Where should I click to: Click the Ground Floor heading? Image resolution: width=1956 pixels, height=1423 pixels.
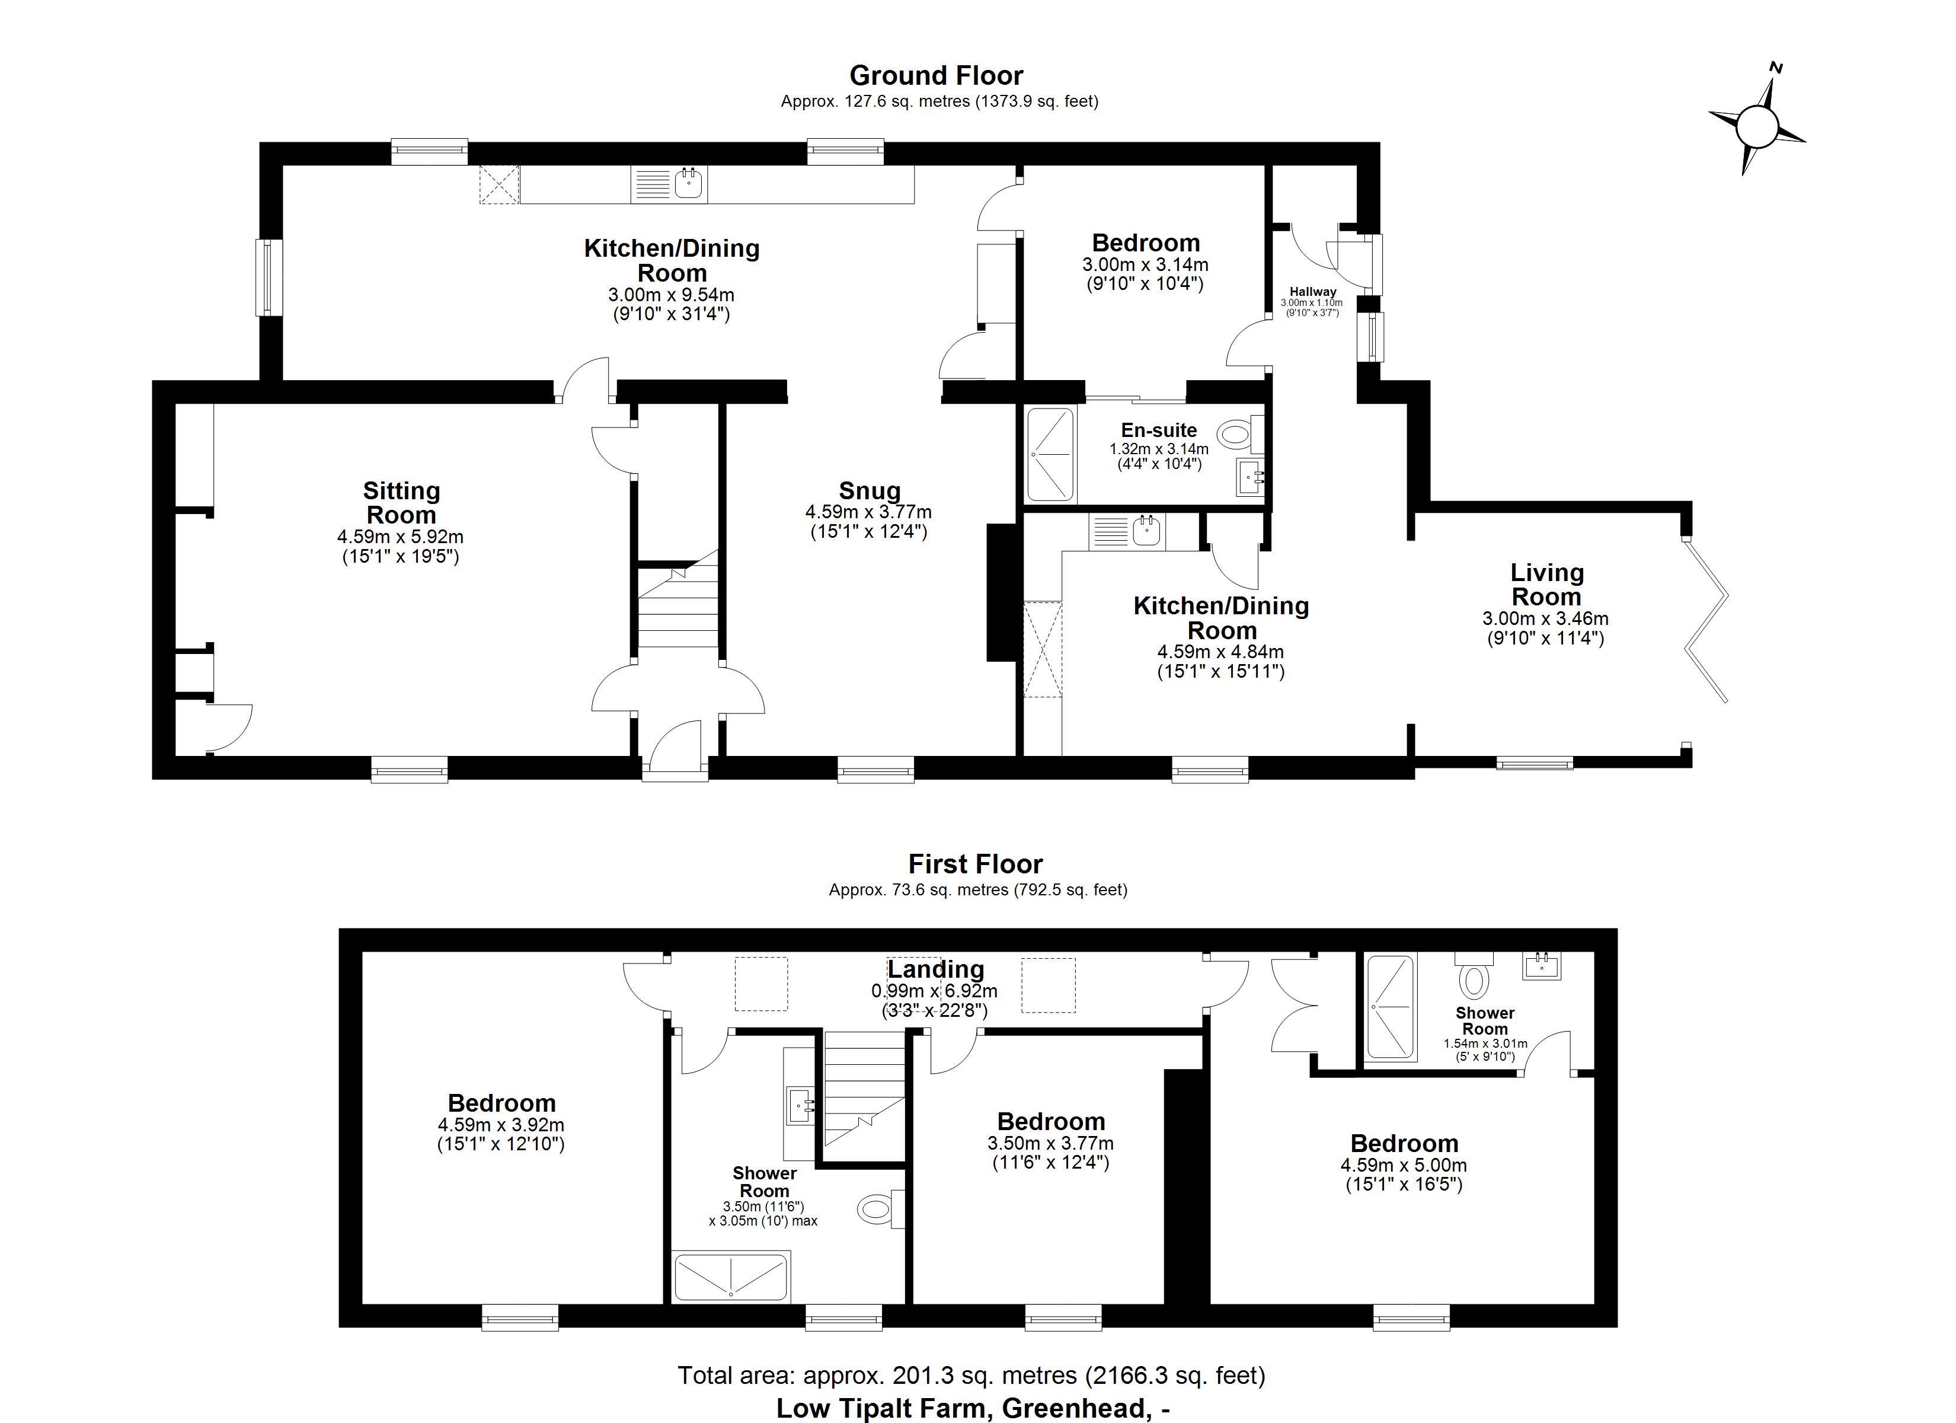coord(936,76)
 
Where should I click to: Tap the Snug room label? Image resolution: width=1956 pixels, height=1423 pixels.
coord(870,490)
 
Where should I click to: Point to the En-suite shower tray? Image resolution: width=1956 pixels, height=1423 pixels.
coord(1050,454)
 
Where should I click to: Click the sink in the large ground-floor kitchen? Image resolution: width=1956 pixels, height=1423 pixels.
coord(688,184)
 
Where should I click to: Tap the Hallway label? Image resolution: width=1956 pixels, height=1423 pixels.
coord(1313,292)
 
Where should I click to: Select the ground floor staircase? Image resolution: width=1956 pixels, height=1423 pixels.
coord(678,604)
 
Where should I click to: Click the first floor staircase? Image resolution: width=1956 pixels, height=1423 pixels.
coord(864,1096)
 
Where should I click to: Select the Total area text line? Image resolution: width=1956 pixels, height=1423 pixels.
coord(971,1374)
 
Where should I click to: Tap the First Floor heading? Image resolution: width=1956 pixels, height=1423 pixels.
coord(976,864)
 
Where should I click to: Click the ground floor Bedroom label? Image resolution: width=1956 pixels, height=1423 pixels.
coord(1145,243)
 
